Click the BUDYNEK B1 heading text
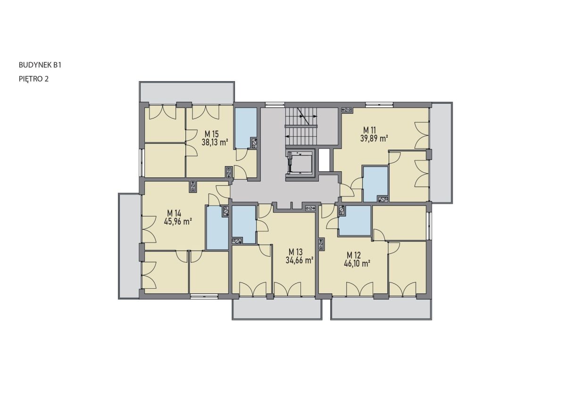pos(40,65)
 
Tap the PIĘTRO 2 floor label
pos(33,79)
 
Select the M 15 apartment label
pos(211,134)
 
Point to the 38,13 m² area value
pos(215,143)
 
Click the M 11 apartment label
pos(370,130)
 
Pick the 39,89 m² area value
pos(374,139)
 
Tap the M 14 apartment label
pos(174,214)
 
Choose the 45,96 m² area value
pos(177,222)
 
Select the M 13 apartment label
pos(296,252)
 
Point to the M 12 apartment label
pos(354,255)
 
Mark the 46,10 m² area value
pos(357,264)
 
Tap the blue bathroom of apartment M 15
pos(246,128)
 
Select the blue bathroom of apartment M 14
pos(217,228)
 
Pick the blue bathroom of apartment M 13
pos(243,225)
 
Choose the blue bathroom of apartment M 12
pos(355,221)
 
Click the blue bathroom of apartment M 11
pos(375,184)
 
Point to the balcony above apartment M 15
pos(187,92)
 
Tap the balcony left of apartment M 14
pos(129,246)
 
